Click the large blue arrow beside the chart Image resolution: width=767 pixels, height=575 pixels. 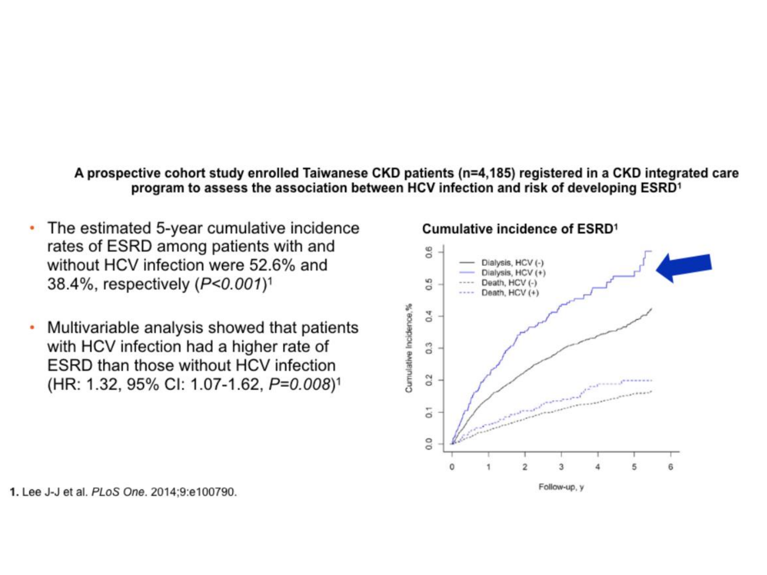[685, 267]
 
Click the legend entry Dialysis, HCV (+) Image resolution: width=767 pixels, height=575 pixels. [513, 273]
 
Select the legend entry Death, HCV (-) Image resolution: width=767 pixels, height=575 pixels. [509, 283]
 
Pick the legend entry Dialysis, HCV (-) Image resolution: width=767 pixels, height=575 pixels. [512, 263]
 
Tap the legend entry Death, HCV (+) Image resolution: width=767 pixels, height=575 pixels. [510, 292]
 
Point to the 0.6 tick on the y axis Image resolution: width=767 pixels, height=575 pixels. [430, 252]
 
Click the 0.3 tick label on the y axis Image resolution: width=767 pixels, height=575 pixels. [430, 348]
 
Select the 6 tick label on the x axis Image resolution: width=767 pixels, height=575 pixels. [670, 467]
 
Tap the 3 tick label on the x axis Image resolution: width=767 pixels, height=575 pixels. [561, 467]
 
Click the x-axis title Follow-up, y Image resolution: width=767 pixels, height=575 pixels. [561, 487]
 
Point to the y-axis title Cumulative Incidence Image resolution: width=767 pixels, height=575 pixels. [409, 348]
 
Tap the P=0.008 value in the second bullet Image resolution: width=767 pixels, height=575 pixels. [299, 384]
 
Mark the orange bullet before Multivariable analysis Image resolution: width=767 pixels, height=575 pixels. [33, 328]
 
